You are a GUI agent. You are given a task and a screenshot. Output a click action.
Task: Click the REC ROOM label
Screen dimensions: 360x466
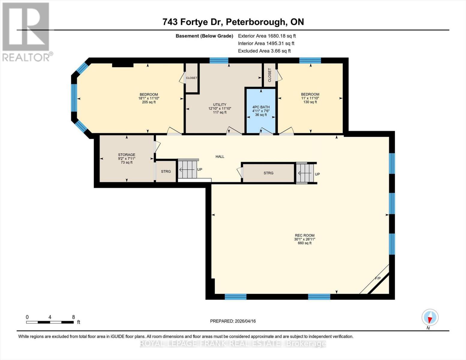point(304,235)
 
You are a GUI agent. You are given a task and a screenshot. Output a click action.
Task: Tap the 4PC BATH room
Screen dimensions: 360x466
point(261,111)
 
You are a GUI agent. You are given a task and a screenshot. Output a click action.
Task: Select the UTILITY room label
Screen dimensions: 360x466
point(220,105)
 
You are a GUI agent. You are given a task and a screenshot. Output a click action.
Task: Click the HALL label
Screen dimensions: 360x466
point(220,157)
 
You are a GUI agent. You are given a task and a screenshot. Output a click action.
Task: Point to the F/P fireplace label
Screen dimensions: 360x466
point(377,278)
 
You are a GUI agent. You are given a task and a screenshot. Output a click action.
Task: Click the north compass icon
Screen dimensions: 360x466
point(430,317)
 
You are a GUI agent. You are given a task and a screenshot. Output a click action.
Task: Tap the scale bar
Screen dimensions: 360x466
point(50,322)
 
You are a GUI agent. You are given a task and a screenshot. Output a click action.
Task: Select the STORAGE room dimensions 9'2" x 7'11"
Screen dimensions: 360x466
point(126,159)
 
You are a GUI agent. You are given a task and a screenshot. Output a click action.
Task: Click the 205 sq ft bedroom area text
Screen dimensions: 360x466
point(149,102)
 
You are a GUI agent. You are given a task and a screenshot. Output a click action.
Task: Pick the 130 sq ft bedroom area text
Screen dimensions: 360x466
point(310,102)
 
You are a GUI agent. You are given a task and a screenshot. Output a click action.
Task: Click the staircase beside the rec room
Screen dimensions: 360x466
point(305,173)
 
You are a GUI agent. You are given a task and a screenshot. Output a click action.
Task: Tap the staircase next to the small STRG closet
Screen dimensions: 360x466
point(187,169)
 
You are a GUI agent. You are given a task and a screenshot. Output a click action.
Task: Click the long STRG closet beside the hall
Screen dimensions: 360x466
point(268,173)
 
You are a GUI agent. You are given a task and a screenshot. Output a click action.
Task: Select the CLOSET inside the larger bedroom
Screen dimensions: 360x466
point(191,78)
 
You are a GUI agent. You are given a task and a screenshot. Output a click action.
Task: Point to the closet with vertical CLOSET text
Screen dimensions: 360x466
point(269,75)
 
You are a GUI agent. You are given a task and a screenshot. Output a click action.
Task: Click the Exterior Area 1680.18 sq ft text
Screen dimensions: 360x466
point(267,36)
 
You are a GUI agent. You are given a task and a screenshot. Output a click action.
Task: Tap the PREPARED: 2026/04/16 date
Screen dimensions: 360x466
point(233,321)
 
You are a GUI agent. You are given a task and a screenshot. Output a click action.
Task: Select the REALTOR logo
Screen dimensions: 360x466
point(26,31)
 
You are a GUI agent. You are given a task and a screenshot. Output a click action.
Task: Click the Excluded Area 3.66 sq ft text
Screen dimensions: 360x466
point(264,51)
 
